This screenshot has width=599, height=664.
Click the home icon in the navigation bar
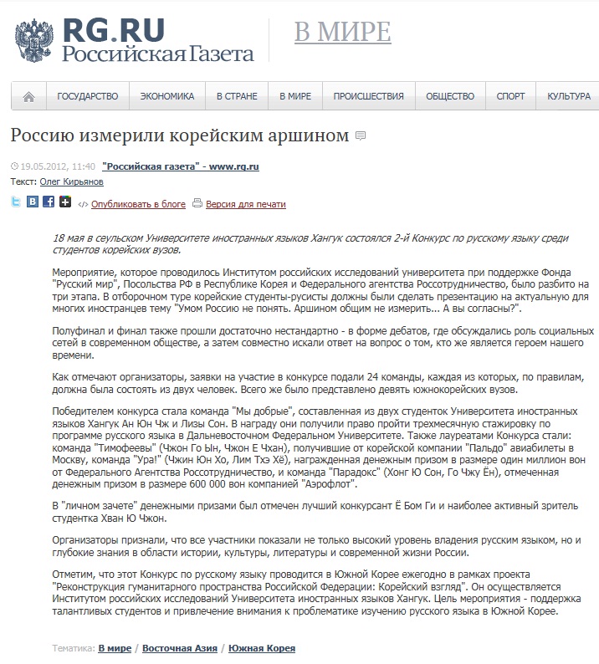(x=29, y=96)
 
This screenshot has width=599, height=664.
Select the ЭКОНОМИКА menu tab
(x=167, y=96)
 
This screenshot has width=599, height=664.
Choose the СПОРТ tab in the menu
(x=510, y=96)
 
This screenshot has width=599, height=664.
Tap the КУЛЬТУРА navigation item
(x=569, y=96)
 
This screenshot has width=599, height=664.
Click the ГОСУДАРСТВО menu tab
(x=88, y=96)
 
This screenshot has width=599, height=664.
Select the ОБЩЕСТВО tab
(x=450, y=96)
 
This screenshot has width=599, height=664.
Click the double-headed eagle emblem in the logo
(x=34, y=40)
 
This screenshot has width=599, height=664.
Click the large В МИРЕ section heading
(x=342, y=32)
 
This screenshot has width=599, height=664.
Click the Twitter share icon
(x=16, y=202)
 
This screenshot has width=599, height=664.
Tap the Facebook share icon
(x=49, y=202)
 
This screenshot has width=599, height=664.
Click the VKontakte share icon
(x=33, y=202)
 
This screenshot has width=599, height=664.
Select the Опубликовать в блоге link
(x=138, y=203)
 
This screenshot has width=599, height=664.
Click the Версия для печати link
(x=245, y=203)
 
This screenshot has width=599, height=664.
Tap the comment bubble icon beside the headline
(x=361, y=135)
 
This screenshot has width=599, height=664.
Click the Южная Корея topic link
(x=262, y=648)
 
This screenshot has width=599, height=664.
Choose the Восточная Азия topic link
(x=180, y=648)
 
